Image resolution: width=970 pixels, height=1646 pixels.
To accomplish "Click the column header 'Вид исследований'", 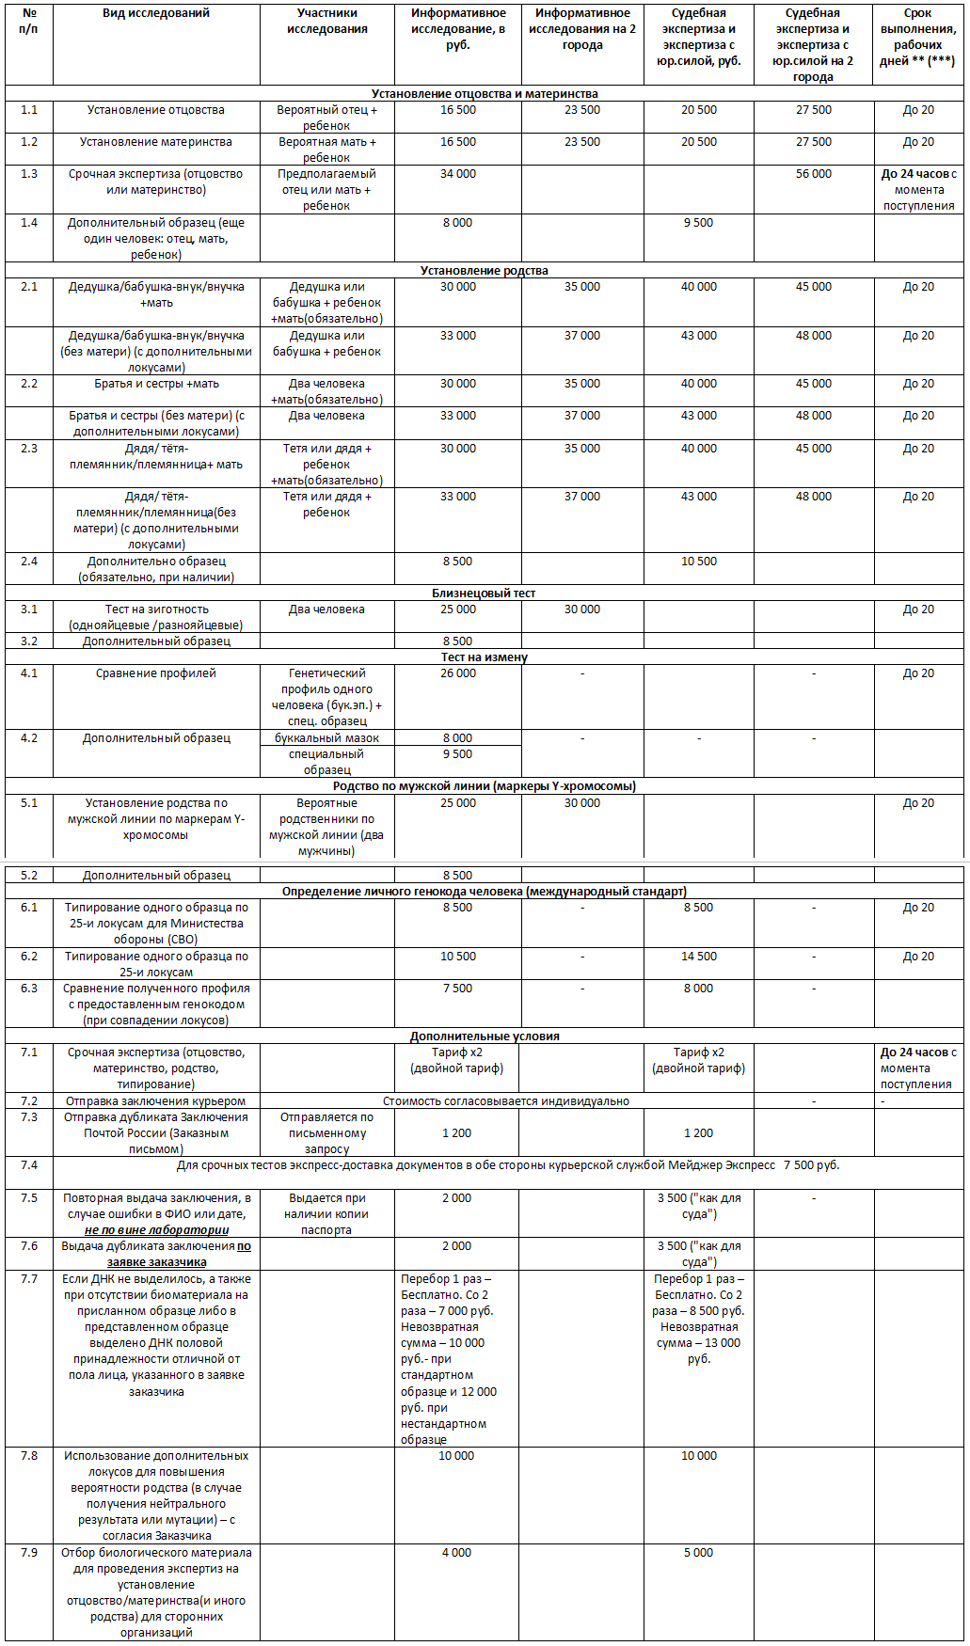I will (156, 13).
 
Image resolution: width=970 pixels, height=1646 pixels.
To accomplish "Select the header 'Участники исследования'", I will (326, 22).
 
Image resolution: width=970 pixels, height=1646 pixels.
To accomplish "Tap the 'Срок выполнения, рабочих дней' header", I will (917, 38).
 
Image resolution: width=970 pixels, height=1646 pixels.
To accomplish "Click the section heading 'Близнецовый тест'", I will (485, 594).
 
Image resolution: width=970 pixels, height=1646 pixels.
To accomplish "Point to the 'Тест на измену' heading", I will (485, 657).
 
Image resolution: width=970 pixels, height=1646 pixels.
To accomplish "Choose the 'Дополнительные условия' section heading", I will (485, 1037).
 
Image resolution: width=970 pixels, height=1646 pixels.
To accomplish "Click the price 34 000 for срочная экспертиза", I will (458, 174).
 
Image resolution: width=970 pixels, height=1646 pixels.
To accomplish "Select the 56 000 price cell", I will (814, 174).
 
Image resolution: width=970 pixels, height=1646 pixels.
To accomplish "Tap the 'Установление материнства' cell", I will (156, 142).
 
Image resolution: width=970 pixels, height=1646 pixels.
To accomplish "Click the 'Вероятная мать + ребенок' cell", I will (326, 150).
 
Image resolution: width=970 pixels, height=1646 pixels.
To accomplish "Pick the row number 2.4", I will (29, 562).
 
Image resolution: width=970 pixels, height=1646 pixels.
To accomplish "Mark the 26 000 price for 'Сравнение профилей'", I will (458, 673).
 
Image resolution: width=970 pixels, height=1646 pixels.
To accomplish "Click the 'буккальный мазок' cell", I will (326, 738).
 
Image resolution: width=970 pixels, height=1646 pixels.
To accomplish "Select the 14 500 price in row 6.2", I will (699, 957).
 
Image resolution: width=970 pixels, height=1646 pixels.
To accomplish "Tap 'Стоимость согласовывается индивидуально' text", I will (506, 1101).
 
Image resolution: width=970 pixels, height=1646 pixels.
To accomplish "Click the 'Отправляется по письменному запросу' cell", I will (326, 1133).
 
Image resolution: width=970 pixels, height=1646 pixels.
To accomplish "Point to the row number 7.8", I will (29, 1456).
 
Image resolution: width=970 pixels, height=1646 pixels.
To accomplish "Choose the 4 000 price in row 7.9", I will (456, 1553).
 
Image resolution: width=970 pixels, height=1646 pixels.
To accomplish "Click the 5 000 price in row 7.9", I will (698, 1553).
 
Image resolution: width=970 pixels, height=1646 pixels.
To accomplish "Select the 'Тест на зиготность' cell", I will (156, 617).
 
